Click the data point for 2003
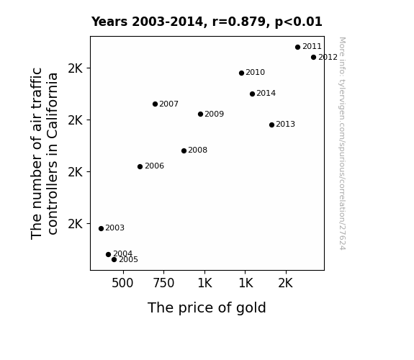pos(101,228)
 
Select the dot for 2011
pos(298,47)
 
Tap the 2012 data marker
pos(313,57)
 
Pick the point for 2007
pos(155,104)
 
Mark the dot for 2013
pos(271,125)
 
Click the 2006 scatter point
pos(140,166)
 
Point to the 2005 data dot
pos(114,260)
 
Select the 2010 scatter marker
pos(241,73)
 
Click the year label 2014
pos(266,93)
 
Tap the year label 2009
pos(215,114)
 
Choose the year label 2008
pos(198,150)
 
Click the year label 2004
pos(123,253)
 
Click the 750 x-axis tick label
pos(163,283)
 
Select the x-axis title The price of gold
pos(207,307)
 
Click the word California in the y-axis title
pos(53,106)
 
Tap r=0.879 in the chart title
pos(239,22)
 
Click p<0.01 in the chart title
pos(299,22)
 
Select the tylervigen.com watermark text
pos(342,143)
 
